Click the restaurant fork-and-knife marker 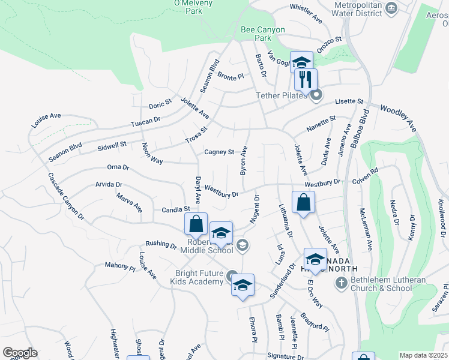pos(306,79)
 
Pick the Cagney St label pos(218,152)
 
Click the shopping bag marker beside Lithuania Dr pos(304,202)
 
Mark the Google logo pos(20,352)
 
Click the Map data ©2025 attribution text pos(423,355)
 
